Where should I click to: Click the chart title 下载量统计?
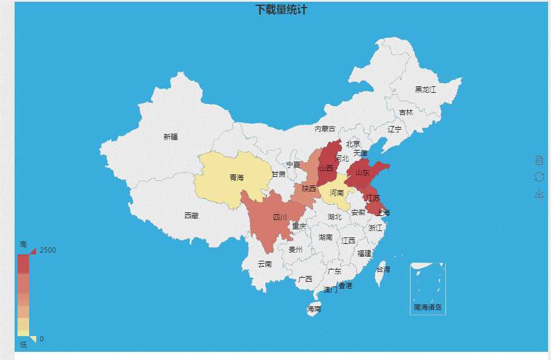281,10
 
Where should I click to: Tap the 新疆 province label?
171,137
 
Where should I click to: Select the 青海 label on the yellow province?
237,177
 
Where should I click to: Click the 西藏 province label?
191,215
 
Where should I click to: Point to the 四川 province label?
280,217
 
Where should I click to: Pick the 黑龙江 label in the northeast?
425,89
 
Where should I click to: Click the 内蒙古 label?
325,129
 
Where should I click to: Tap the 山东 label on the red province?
363,173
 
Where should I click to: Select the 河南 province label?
336,193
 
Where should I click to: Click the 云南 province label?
265,264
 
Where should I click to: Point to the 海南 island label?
314,309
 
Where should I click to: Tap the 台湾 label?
383,270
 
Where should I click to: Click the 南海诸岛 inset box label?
428,307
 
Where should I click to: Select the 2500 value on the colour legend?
48,250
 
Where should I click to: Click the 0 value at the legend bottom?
41,339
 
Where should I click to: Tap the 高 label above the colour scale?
23,244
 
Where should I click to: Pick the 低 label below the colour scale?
23,345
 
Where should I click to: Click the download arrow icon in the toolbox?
539,193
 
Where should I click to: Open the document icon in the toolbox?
539,160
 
